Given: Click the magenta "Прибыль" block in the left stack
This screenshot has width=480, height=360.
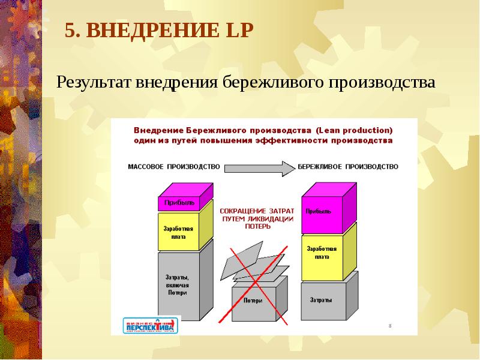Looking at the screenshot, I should click(x=180, y=203).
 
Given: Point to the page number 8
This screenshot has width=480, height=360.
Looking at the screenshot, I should click(x=390, y=326).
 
